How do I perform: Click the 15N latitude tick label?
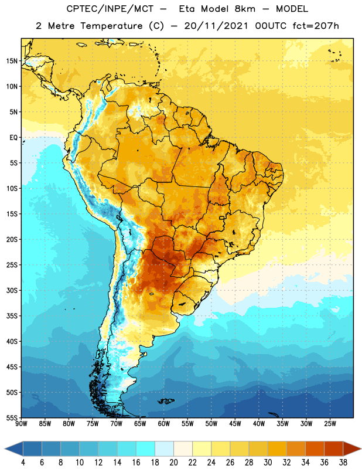[x=12, y=61]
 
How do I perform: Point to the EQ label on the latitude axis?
[x=13, y=138]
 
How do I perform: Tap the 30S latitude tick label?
[x=12, y=290]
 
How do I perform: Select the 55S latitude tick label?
[x=12, y=417]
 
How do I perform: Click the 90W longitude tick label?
[x=21, y=424]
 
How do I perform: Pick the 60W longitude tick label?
[x=164, y=424]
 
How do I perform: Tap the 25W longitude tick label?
[x=330, y=424]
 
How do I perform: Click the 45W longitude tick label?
[x=235, y=424]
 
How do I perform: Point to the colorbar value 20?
[x=173, y=463]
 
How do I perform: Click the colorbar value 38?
[x=343, y=463]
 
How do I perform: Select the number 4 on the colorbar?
[x=23, y=463]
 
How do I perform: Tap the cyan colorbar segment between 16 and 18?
[x=146, y=448]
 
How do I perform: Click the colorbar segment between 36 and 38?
[x=334, y=448]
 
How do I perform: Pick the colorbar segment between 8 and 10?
[x=70, y=448]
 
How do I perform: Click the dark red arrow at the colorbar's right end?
[x=352, y=448]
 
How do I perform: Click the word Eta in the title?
[x=187, y=9]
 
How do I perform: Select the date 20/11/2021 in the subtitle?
[x=216, y=26]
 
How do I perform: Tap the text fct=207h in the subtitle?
[x=316, y=26]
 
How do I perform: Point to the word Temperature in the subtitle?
[x=111, y=26]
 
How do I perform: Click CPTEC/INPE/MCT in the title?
[x=110, y=9]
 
